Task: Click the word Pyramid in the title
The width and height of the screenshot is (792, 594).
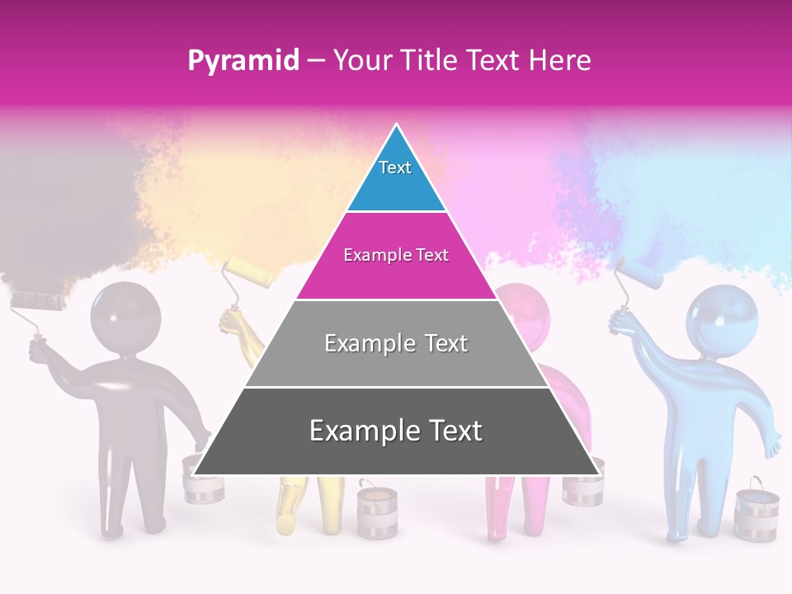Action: [x=243, y=61]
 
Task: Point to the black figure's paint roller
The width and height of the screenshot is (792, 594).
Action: [x=38, y=301]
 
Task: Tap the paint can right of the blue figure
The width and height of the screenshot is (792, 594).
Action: [x=756, y=513]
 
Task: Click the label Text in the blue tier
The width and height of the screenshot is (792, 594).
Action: [x=395, y=167]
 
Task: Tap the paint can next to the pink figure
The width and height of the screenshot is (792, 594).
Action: [x=582, y=487]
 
